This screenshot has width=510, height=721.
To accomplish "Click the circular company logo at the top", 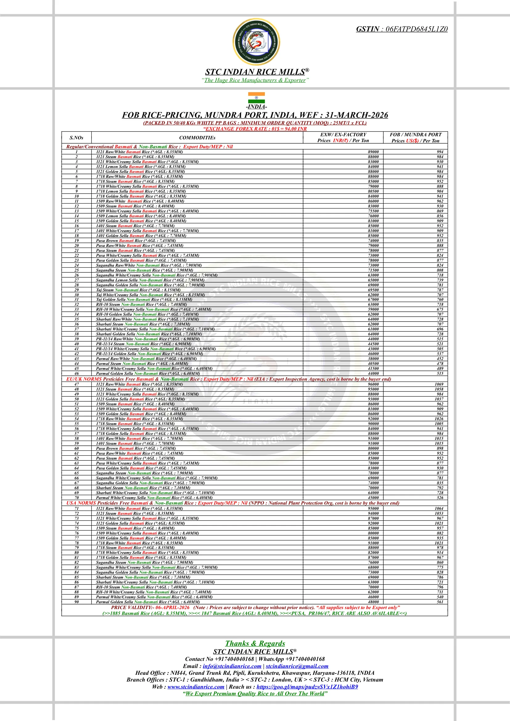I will [x=256, y=42].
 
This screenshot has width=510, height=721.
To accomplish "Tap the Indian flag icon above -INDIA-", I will [x=256, y=98].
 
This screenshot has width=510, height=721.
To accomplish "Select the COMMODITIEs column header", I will [x=197, y=138].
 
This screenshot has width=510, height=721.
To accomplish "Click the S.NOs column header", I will [x=76, y=138].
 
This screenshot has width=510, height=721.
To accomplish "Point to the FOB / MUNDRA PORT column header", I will [x=415, y=135].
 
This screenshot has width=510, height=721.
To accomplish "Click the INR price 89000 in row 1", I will [x=373, y=152].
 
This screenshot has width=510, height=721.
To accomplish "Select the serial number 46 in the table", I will [x=77, y=374].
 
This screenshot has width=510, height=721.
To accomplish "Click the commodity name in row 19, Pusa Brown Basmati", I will [x=136, y=241].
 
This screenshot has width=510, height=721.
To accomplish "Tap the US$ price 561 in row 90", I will [x=440, y=602].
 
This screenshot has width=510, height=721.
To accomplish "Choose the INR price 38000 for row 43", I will [x=373, y=359].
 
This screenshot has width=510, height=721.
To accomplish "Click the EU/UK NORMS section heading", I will [x=84, y=379].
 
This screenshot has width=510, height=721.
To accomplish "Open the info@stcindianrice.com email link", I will [x=232, y=666].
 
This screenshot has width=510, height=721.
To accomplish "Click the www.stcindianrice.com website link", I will [x=196, y=687].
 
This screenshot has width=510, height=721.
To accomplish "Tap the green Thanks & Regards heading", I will [x=255, y=643].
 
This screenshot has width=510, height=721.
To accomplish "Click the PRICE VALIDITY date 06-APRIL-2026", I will [x=172, y=608].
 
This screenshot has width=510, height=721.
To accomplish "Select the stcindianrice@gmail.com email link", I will [x=297, y=666].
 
